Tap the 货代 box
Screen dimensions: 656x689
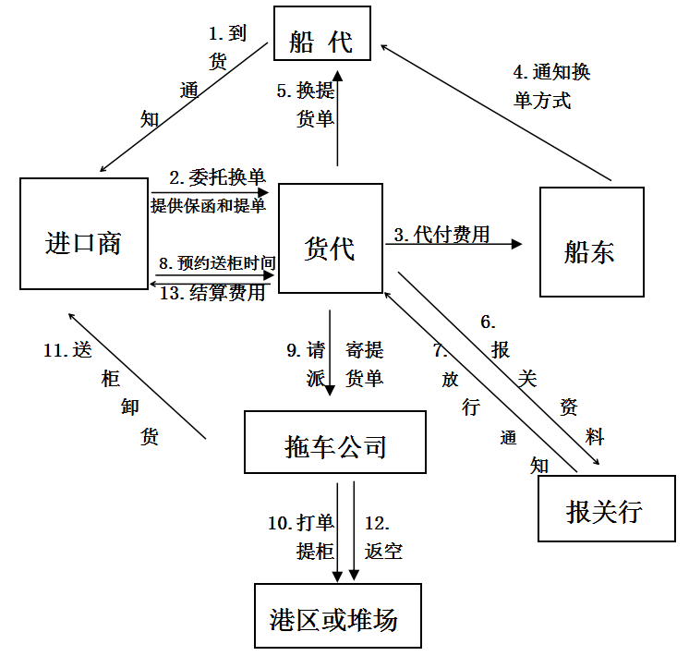tap(330, 238)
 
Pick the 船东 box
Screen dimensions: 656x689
tap(591, 242)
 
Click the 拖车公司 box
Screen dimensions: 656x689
tap(336, 442)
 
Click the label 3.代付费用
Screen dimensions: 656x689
tap(442, 234)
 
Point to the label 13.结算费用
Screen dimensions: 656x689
tap(212, 294)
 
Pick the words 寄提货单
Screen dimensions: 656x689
tap(365, 363)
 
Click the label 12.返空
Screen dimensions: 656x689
tap(383, 537)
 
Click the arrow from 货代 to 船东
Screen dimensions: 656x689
tap(453, 245)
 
